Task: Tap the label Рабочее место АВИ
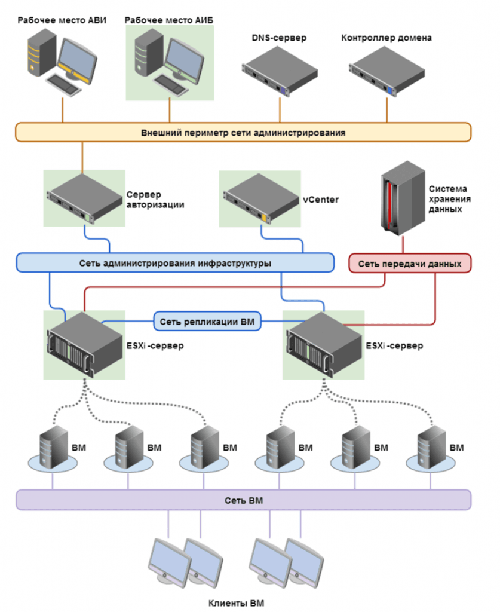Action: click(62, 20)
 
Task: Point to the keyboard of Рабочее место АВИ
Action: click(63, 83)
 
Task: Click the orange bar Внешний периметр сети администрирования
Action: click(243, 132)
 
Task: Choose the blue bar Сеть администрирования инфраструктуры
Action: click(174, 262)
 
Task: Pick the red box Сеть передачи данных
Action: click(410, 262)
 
